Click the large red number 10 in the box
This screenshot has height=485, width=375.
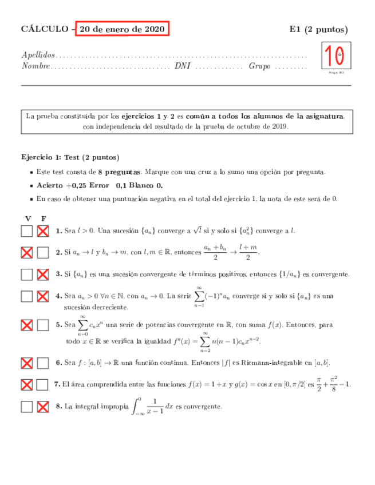(333, 57)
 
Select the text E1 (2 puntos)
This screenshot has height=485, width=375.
(318, 29)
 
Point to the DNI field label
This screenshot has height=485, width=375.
(182, 66)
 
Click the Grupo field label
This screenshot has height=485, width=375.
(259, 66)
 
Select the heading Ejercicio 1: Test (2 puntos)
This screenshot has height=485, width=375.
(70, 157)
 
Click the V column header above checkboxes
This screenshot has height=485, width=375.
(27, 218)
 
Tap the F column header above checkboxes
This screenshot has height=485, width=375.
(43, 218)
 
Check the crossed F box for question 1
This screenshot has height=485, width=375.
(43, 231)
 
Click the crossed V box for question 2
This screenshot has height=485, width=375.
(27, 252)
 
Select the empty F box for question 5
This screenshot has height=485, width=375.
(43, 325)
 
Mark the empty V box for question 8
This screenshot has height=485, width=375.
(27, 407)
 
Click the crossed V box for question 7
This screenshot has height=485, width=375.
(27, 385)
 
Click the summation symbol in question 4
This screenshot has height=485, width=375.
(199, 296)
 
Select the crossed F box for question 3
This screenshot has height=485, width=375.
(43, 274)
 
